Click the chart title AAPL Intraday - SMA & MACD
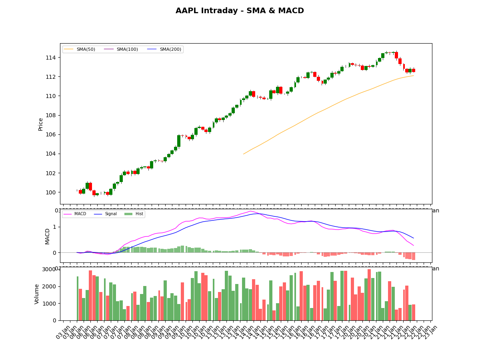coord(240,11)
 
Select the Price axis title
coord(41,124)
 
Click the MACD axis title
coord(48,236)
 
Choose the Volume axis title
coord(37,294)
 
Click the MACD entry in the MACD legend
coord(80,214)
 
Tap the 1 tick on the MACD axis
coord(56,227)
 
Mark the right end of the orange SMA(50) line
coord(414,76)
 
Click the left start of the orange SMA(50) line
coord(243,154)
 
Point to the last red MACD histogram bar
coord(414,256)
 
